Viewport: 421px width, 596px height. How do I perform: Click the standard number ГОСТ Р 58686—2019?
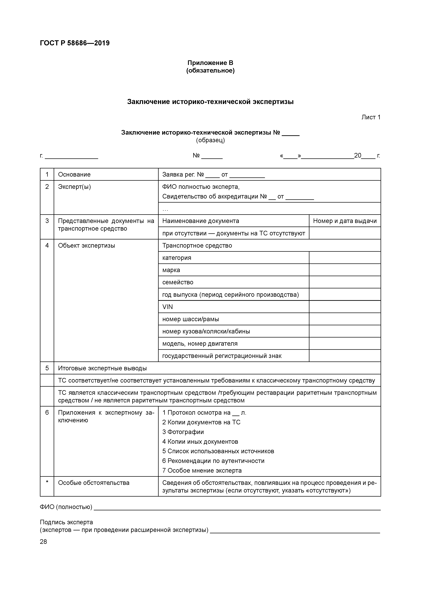click(75, 43)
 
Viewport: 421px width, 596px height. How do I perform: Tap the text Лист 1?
click(371, 117)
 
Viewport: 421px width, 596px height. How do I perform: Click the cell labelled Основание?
click(74, 174)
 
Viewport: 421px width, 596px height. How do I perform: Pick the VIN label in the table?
click(168, 307)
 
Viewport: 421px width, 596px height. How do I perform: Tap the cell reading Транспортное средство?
click(197, 246)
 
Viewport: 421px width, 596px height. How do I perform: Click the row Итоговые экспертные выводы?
click(102, 368)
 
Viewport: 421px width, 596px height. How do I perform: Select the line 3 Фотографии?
click(183, 432)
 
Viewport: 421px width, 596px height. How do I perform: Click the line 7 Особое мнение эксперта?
click(202, 471)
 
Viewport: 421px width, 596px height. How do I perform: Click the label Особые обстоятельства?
click(94, 483)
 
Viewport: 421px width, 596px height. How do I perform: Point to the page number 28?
click(44, 542)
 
